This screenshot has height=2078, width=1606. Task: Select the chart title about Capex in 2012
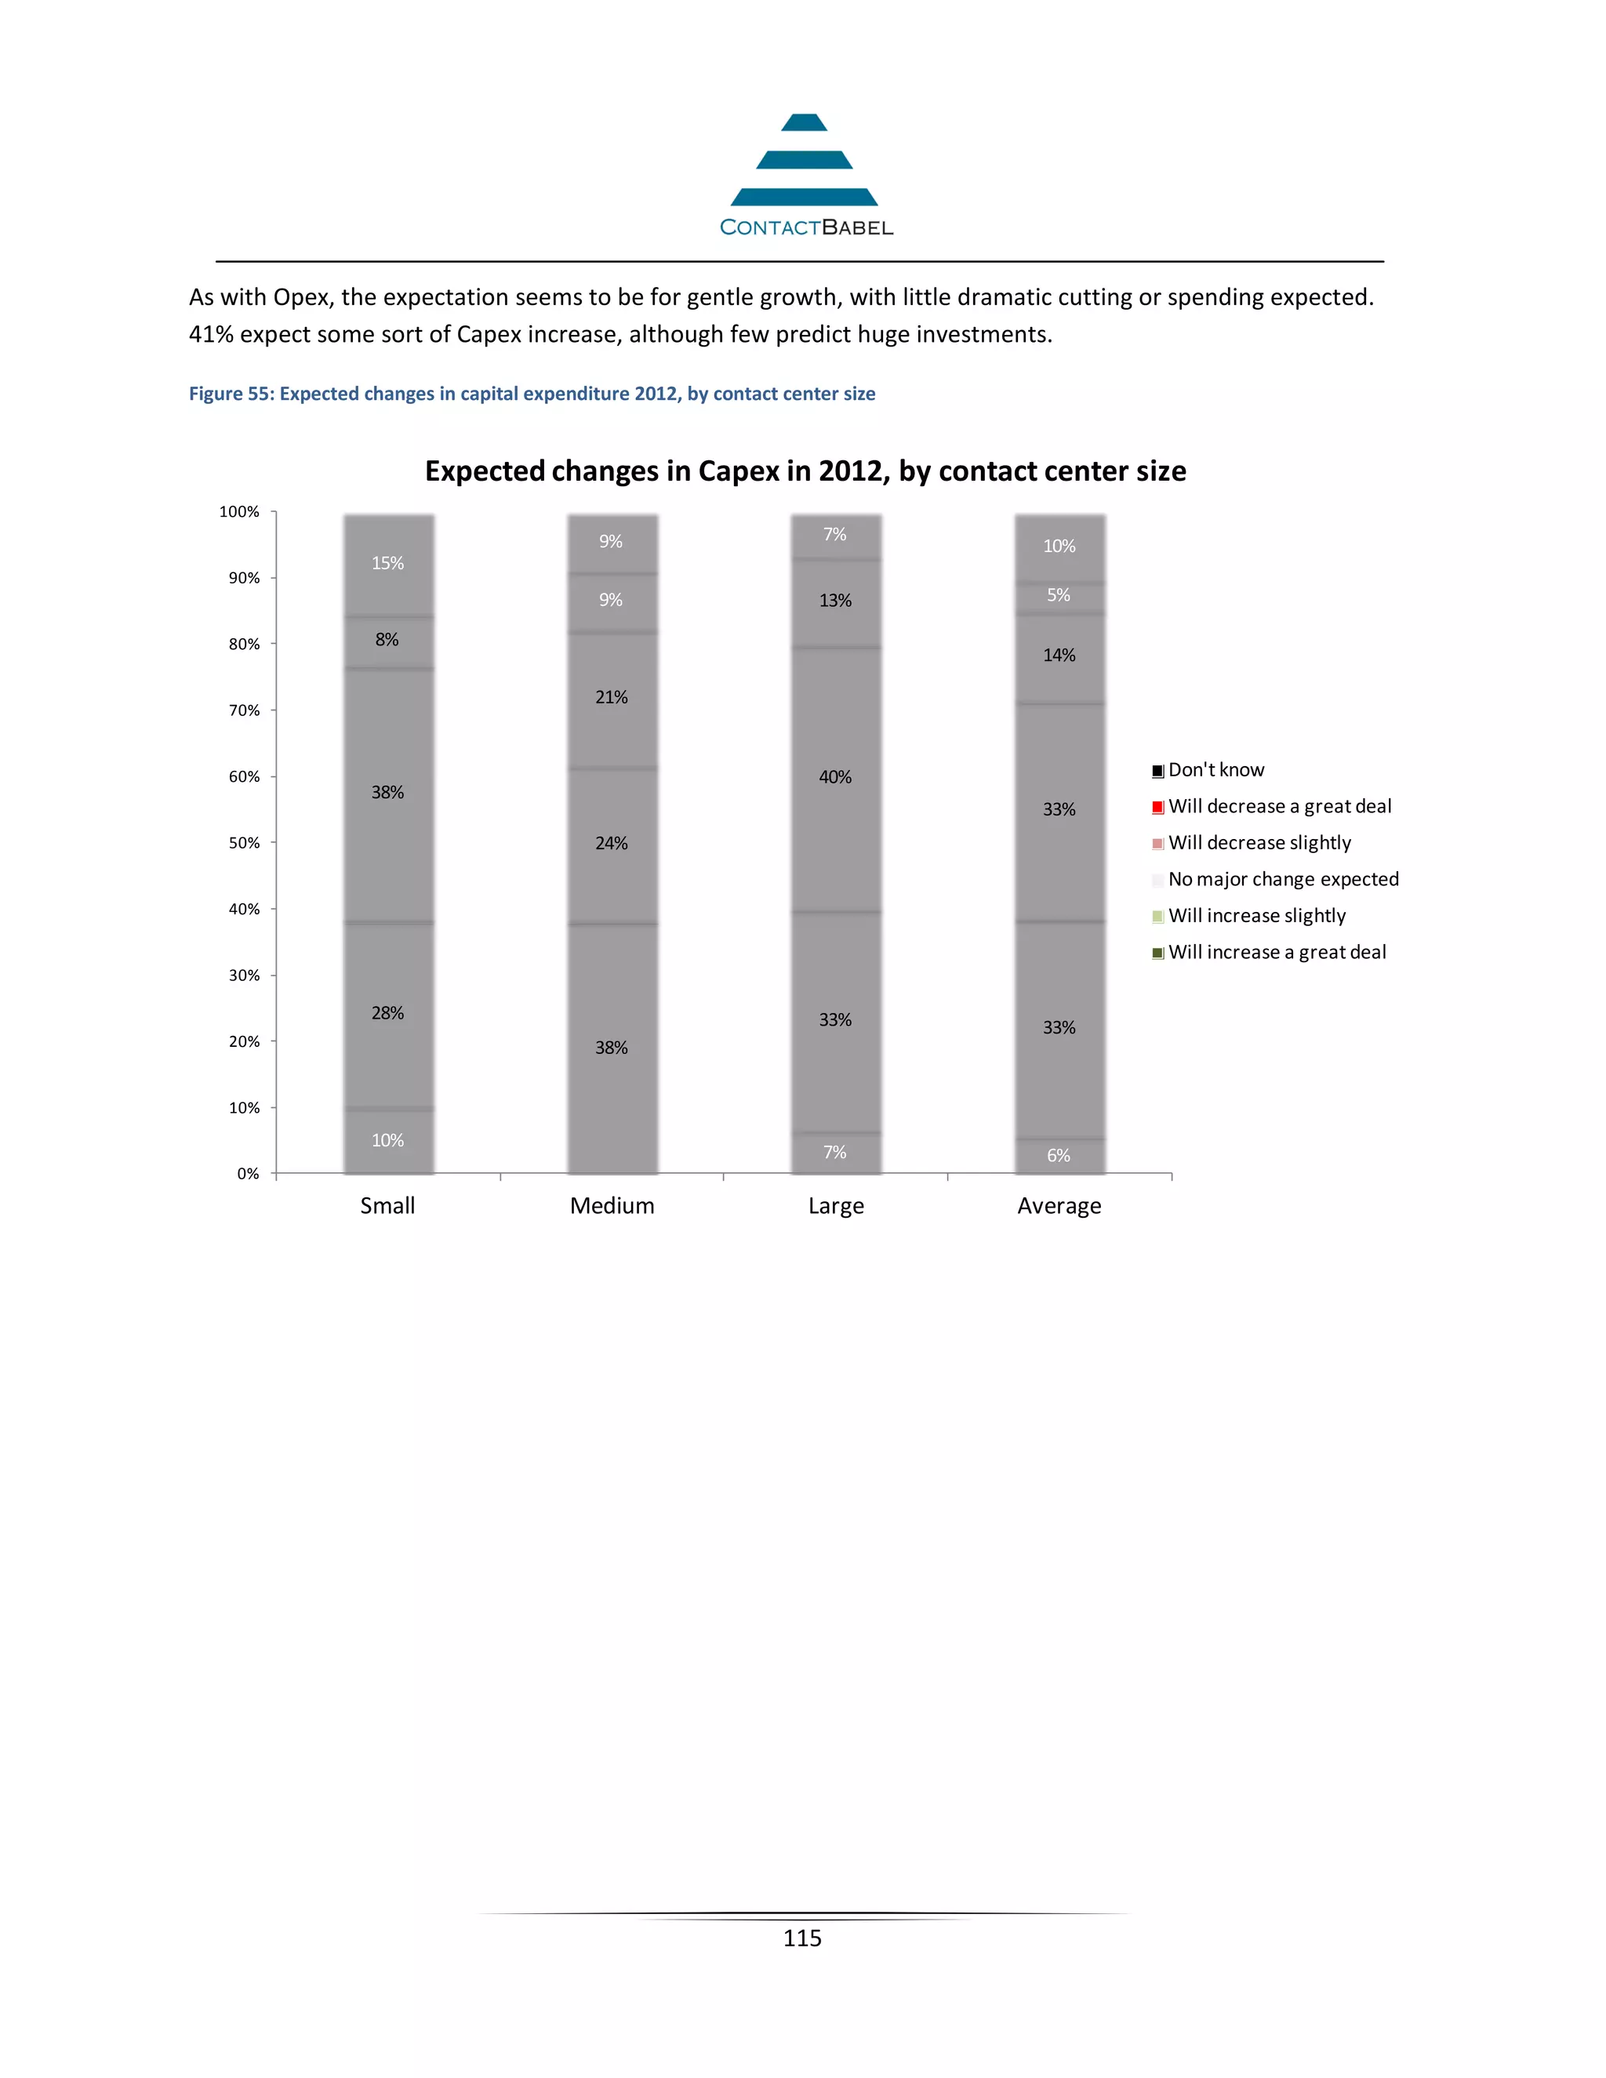click(805, 471)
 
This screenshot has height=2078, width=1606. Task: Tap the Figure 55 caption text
click(531, 394)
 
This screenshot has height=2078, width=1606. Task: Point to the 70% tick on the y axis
click(245, 710)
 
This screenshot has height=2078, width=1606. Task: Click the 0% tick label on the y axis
click(247, 1174)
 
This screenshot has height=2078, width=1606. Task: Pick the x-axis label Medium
click(612, 1205)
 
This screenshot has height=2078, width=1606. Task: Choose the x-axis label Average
click(1059, 1205)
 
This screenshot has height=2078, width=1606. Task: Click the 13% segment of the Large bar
click(835, 601)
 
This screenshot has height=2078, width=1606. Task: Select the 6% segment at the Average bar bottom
click(1059, 1156)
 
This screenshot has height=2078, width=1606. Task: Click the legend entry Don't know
click(1215, 771)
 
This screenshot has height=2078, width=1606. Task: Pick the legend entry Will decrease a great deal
click(1279, 807)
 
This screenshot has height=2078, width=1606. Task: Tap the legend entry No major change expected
click(1282, 880)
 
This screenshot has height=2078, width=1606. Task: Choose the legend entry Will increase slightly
click(1256, 916)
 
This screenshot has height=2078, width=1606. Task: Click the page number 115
click(802, 1938)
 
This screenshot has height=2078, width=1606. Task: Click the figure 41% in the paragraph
click(210, 335)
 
